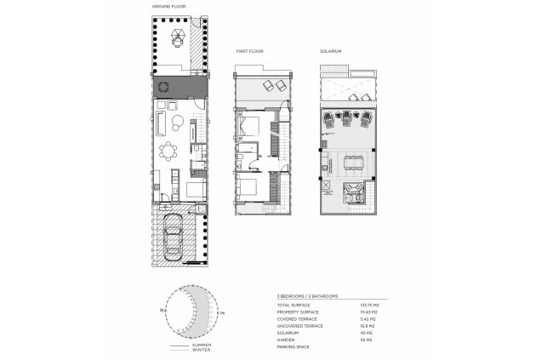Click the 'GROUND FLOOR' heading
tap(168, 7)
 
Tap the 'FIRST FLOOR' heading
tap(250, 52)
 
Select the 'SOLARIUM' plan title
tap(332, 52)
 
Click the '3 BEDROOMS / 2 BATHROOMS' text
tap(308, 296)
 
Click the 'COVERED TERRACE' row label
tap(296, 317)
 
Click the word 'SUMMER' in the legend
tap(202, 344)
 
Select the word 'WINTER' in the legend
tap(202, 350)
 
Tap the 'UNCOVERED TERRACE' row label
tap(299, 324)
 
